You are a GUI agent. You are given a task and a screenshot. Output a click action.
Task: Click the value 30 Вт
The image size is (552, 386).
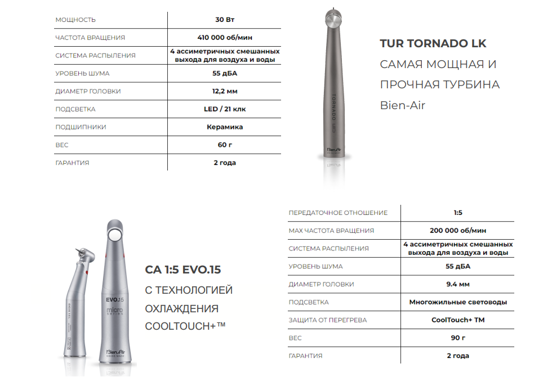(x=224, y=20)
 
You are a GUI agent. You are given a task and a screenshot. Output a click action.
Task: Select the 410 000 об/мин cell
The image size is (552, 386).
(x=224, y=38)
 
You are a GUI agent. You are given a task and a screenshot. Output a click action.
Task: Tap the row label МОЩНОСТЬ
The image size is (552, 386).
(x=75, y=20)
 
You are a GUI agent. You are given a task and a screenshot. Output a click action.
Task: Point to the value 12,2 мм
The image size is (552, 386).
(x=224, y=91)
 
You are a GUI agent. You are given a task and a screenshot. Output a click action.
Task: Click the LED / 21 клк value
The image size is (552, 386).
(x=224, y=109)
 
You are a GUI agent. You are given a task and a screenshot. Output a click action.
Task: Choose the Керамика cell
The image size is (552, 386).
(x=224, y=127)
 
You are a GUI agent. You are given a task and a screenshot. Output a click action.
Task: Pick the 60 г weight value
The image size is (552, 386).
(x=224, y=145)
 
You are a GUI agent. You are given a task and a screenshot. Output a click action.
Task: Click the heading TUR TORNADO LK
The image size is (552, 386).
(x=433, y=43)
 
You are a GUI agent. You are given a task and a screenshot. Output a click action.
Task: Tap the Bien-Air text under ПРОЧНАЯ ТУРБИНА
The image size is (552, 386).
(x=402, y=105)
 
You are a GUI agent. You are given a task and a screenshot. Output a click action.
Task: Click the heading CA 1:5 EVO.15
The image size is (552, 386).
(x=183, y=270)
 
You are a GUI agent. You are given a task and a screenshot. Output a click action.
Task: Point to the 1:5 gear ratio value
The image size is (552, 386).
(x=457, y=213)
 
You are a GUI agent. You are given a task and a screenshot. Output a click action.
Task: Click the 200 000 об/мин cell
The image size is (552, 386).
(x=457, y=231)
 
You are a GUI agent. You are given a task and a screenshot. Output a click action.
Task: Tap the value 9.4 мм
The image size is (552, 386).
(x=457, y=284)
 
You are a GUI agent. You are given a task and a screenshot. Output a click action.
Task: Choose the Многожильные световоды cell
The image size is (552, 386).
(x=457, y=302)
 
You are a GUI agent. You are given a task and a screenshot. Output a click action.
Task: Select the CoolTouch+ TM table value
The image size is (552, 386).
(x=457, y=320)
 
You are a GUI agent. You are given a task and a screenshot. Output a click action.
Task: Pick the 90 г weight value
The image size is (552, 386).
(x=457, y=338)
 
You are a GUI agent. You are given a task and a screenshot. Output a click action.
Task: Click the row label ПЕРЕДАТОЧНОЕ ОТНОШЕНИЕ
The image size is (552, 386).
(x=338, y=213)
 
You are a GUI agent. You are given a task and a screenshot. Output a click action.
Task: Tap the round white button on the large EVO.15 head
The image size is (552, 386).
(x=116, y=234)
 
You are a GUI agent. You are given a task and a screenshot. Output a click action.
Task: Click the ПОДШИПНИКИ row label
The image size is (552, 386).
(x=81, y=127)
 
